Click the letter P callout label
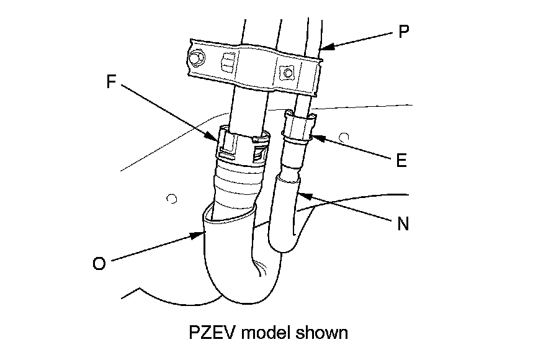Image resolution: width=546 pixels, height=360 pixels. point(403,32)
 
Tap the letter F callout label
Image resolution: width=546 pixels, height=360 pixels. point(112,83)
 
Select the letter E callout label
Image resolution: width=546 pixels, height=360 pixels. point(401,161)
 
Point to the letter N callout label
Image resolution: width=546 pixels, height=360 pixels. point(403,224)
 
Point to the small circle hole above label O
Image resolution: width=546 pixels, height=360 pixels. point(172,199)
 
